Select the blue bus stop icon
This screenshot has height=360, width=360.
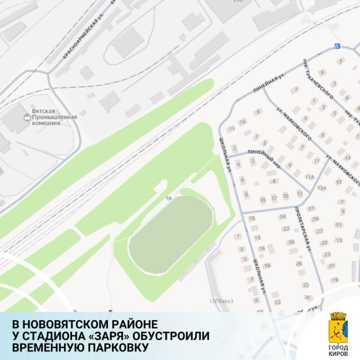click(337, 45)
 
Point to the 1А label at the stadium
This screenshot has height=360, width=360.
click(169, 198)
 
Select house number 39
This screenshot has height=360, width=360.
click(263, 199)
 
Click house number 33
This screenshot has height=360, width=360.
click(299, 193)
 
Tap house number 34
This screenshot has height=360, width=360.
click(283, 217)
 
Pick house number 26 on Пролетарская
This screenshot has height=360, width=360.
click(299, 263)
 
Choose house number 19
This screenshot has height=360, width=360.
click(335, 279)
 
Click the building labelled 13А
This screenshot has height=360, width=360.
click(321, 188)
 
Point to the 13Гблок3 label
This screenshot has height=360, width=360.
click(222, 301)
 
